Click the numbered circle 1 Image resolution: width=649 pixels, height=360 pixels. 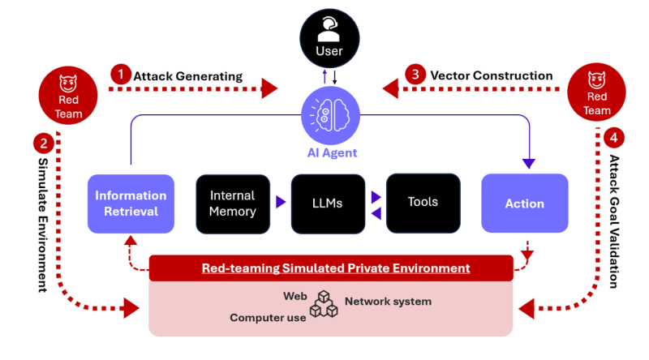(120, 75)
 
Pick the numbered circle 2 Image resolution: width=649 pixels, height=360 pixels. (42, 144)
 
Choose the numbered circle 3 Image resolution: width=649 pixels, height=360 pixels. (416, 75)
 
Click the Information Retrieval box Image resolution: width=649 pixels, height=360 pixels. (131, 204)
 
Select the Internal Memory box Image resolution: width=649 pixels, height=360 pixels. (232, 204)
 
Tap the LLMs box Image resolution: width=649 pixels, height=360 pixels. (328, 204)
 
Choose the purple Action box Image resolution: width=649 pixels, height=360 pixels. (524, 204)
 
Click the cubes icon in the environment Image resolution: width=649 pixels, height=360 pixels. (325, 306)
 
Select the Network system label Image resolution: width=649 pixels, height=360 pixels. (388, 302)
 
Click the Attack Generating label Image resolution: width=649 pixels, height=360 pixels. (188, 76)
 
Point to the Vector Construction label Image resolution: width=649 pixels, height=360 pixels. (492, 75)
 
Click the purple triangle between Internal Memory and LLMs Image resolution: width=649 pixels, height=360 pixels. (280, 203)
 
